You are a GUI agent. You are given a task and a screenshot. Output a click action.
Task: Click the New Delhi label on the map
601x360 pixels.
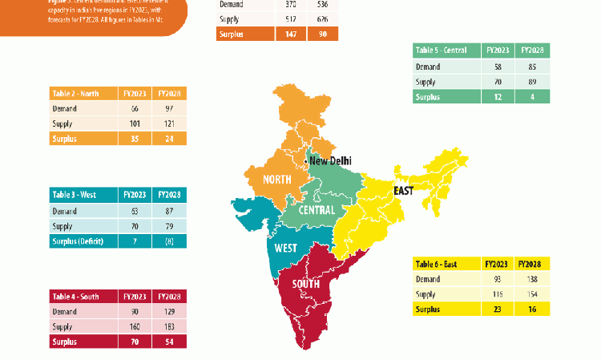pyautogui.click(x=329, y=161)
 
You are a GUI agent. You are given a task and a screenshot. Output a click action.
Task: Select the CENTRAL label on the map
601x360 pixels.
pyautogui.click(x=317, y=210)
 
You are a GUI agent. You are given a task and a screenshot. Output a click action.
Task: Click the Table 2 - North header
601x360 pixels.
pyautogui.click(x=74, y=93)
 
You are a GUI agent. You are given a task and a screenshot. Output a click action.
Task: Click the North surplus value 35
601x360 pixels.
pyautogui.click(x=135, y=138)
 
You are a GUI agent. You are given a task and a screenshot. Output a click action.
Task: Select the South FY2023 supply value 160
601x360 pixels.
pyautogui.click(x=135, y=327)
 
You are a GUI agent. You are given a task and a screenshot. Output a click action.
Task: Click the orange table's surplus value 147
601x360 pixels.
pyautogui.click(x=288, y=34)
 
